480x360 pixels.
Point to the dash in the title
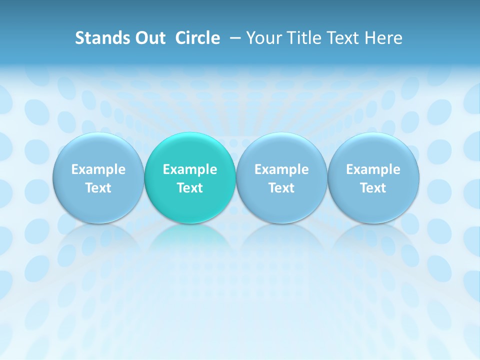(233, 38)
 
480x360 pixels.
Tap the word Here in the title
(383, 38)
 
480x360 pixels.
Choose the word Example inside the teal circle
(190, 169)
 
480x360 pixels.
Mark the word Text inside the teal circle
(190, 188)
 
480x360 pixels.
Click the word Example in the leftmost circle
(98, 169)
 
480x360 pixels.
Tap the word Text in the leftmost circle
(98, 188)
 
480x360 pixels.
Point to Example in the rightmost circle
(373, 169)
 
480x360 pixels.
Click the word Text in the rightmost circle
(373, 188)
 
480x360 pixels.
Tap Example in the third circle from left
(281, 169)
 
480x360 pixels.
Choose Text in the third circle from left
(281, 188)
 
